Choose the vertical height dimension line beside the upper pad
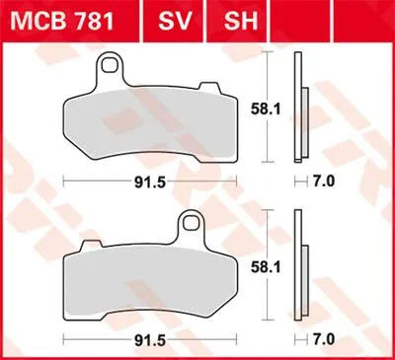[271, 108]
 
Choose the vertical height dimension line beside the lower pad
[271, 264]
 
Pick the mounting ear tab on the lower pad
[186, 228]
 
